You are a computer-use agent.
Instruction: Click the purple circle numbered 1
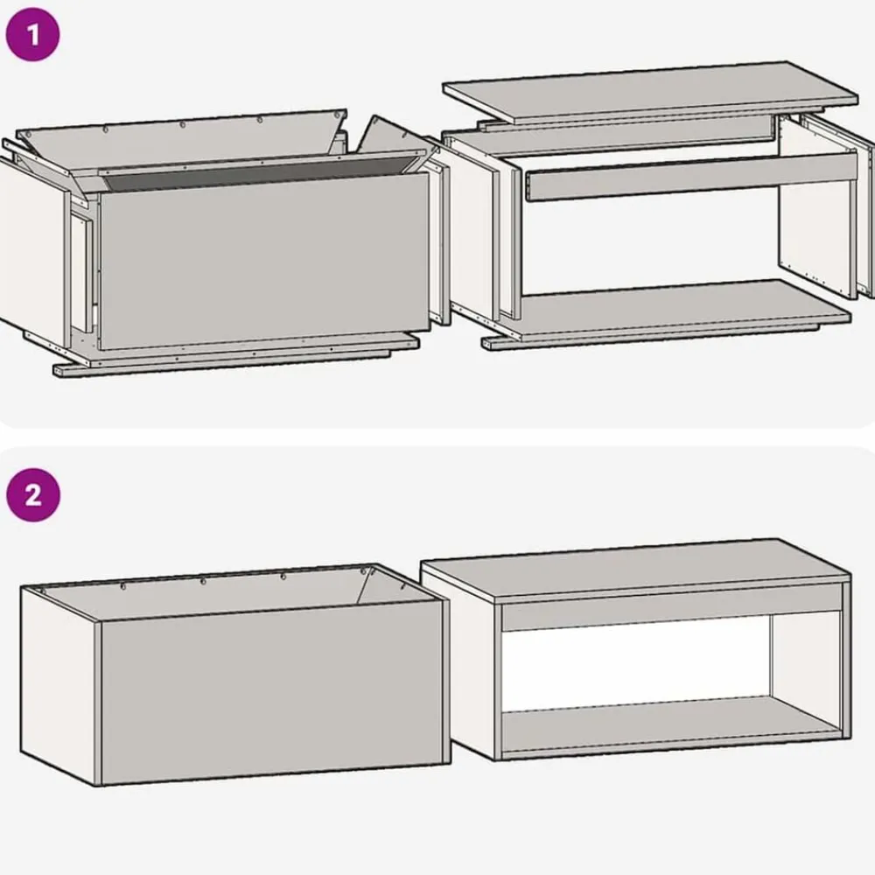(32, 35)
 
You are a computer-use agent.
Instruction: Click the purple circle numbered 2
(33, 495)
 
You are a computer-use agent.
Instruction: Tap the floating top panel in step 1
(650, 91)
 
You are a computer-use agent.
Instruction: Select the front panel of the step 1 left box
(264, 260)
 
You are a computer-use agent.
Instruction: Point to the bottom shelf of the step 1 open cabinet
(683, 309)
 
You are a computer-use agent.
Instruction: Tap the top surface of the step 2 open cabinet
(636, 570)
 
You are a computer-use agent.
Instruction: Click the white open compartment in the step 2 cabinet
(636, 664)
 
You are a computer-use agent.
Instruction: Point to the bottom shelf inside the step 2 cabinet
(669, 724)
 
